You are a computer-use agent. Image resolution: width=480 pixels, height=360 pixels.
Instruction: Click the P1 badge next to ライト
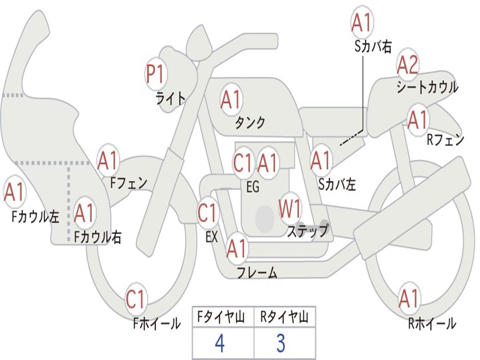[x=156, y=74]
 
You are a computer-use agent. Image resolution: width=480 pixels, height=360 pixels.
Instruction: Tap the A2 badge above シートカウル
[x=407, y=65]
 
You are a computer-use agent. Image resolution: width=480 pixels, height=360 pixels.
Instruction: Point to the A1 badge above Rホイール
[x=409, y=298]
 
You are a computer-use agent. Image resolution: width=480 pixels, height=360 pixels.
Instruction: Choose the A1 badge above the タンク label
[x=231, y=99]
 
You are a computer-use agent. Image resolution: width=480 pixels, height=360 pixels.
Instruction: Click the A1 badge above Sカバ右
[x=362, y=22]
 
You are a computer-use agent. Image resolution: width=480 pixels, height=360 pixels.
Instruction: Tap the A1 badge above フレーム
[x=237, y=248]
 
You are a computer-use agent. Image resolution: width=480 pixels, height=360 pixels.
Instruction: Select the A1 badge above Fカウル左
[x=15, y=192]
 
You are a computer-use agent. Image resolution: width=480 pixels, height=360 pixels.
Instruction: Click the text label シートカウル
[x=427, y=87]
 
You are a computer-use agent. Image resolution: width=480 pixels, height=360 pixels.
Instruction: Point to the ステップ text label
[x=308, y=230]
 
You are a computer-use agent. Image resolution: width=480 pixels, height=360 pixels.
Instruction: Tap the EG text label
[x=253, y=187]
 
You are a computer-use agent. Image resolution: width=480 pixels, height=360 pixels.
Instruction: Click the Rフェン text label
[x=446, y=140]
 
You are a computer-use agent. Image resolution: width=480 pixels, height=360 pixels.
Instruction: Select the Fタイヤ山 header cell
[x=223, y=317]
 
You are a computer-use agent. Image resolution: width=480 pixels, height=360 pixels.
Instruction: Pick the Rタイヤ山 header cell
[x=285, y=317]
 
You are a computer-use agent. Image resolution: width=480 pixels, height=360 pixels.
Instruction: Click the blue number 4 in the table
[x=220, y=343]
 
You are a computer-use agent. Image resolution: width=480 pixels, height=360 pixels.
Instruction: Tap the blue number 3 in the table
[x=281, y=343]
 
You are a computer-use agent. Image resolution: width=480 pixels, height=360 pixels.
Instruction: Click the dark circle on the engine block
[x=265, y=218]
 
